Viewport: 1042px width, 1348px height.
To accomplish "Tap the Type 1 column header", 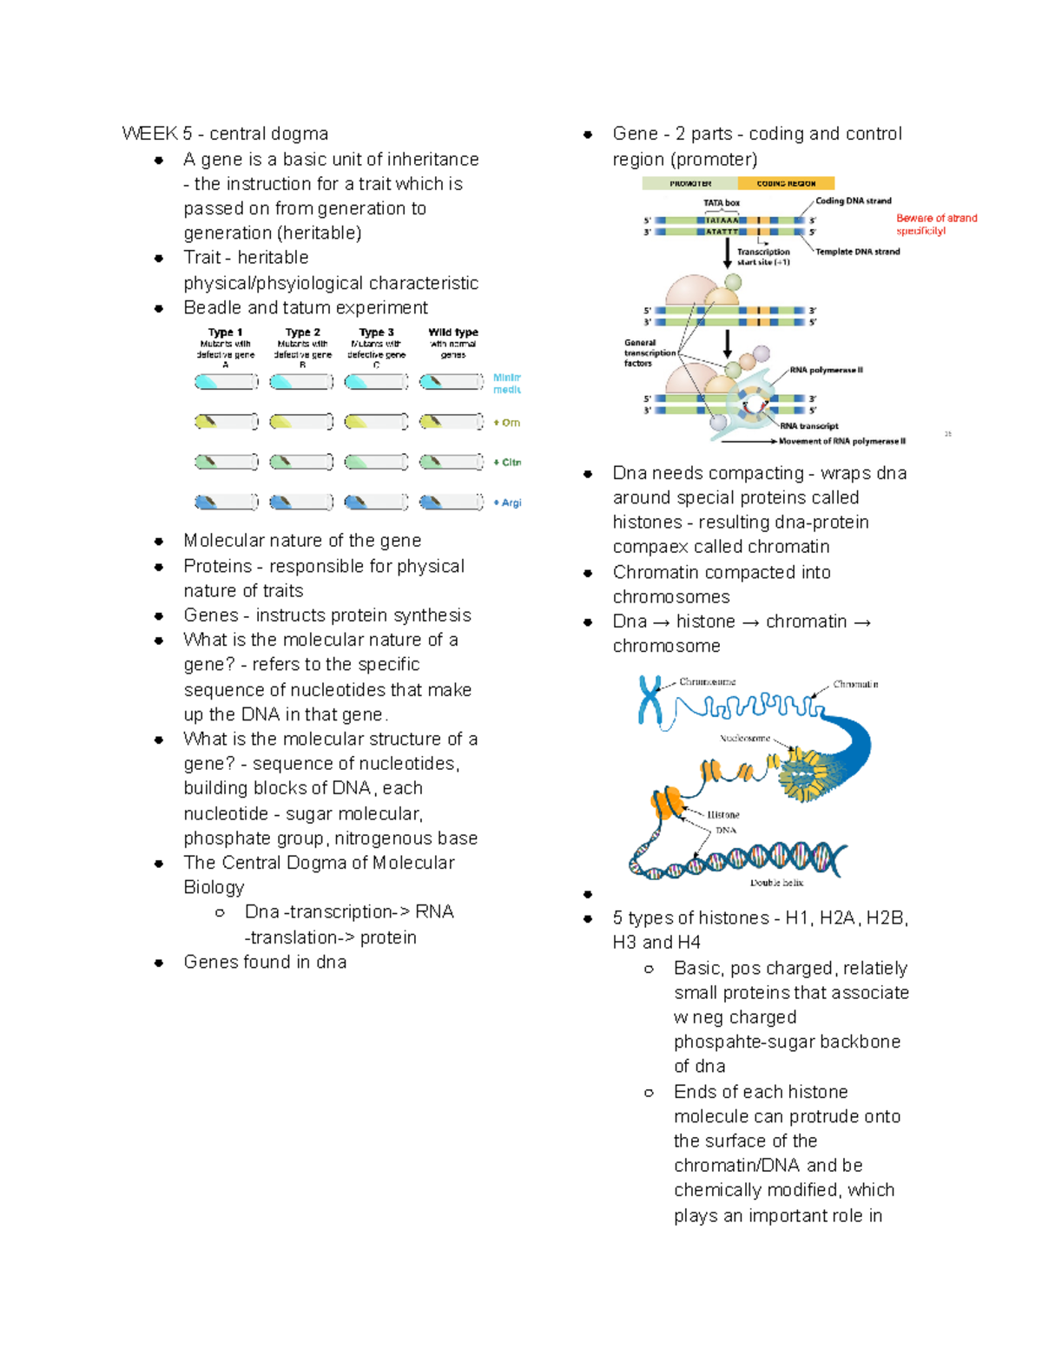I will tap(225, 332).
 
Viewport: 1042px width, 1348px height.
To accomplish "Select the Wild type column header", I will tap(453, 332).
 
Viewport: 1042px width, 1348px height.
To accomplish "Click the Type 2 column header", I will tap(302, 332).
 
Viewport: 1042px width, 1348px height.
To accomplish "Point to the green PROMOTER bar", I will tap(690, 183).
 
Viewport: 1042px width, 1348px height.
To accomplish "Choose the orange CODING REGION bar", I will tap(786, 183).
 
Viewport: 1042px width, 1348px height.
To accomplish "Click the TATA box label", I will tap(722, 203).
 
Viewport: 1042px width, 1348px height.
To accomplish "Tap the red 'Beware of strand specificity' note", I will tap(936, 224).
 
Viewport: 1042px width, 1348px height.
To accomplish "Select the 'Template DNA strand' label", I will tap(858, 252).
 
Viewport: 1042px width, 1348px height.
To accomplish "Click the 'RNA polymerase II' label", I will tap(826, 370).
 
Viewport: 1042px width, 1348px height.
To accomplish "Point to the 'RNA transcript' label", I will tap(808, 426).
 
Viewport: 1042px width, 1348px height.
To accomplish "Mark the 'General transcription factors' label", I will tap(650, 353).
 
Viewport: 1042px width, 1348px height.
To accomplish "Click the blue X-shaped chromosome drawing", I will tap(650, 700).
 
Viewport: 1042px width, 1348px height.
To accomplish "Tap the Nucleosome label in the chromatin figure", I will tap(745, 739).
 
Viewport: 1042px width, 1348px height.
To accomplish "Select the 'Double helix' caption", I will tap(776, 883).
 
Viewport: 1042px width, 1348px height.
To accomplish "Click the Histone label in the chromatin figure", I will tap(722, 815).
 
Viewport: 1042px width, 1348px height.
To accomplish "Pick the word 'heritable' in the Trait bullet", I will tap(273, 258).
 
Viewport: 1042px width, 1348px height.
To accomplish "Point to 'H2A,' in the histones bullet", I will tap(837, 918).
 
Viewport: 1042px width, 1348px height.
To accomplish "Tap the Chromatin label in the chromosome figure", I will tap(855, 684).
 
